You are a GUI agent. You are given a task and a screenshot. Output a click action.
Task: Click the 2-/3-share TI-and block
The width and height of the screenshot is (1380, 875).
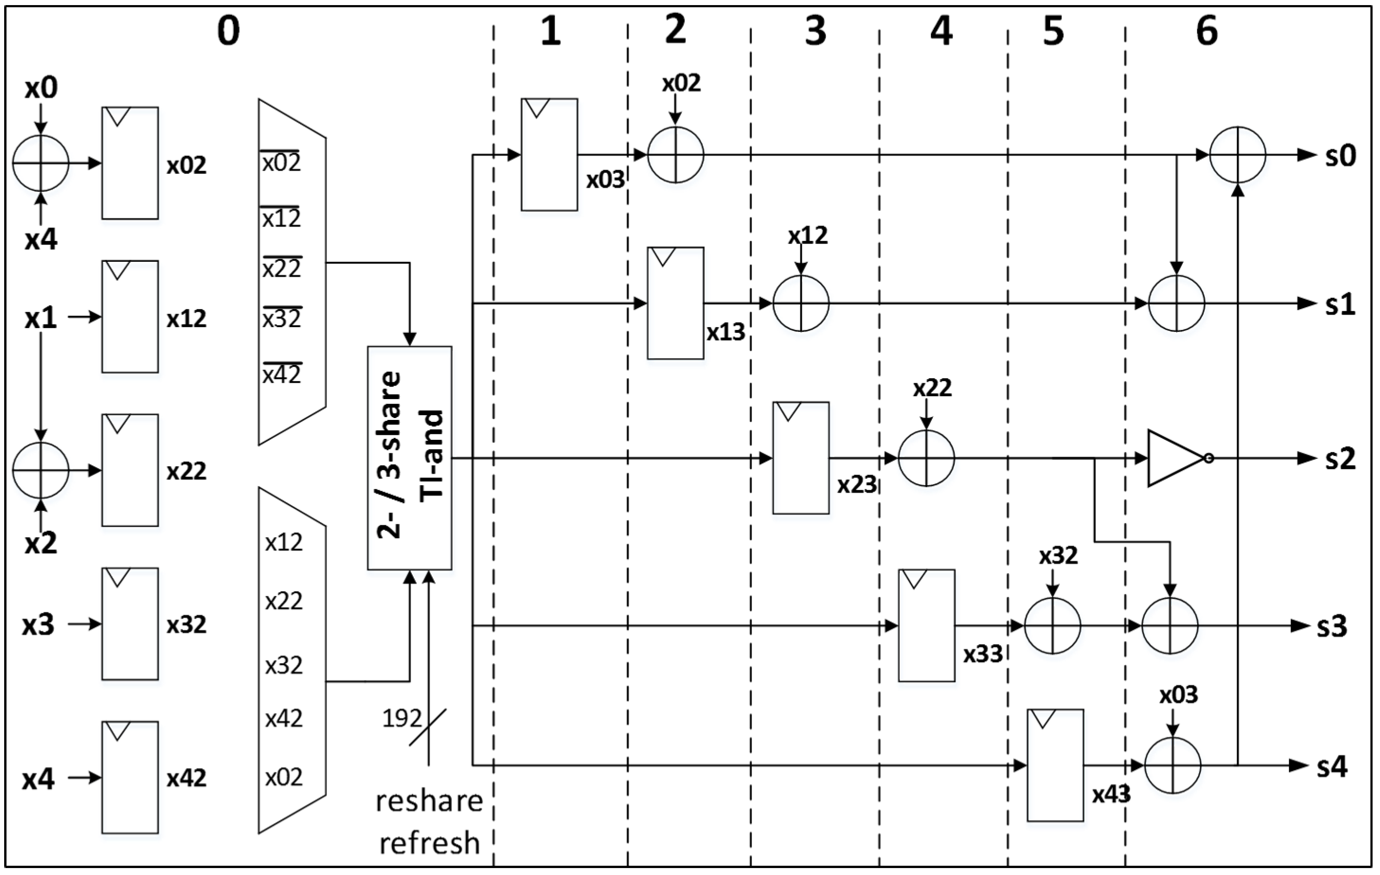409,457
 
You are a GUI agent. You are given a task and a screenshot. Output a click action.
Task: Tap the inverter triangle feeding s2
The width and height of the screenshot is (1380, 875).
1175,458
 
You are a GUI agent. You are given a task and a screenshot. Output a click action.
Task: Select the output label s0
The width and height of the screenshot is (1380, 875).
1340,156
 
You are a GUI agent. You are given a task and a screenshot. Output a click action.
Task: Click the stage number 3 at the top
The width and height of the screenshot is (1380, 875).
815,32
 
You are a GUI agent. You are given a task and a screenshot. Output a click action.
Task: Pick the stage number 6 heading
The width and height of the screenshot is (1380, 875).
1207,32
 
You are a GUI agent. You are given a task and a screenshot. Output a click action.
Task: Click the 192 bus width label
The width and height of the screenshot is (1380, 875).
401,718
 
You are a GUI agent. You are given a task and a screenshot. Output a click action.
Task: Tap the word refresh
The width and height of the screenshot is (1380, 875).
429,843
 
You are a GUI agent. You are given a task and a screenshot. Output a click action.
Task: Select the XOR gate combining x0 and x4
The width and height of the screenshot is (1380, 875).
41,163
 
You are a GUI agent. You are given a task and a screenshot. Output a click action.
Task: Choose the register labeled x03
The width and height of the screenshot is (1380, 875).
549,155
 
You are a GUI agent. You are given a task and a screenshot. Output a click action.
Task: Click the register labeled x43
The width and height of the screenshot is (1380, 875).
1055,765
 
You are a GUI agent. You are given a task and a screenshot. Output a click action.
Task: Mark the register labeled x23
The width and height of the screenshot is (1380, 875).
801,457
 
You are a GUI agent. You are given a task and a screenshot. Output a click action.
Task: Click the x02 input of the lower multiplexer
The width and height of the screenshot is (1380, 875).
284,777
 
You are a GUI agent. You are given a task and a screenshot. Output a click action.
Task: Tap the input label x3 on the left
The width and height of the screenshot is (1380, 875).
39,625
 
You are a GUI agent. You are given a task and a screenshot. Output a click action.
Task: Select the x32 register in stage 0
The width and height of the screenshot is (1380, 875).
130,624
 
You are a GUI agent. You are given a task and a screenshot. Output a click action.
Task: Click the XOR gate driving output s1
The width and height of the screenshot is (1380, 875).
1176,303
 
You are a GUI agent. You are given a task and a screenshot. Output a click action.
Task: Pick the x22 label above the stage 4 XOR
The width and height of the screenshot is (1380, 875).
932,388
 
